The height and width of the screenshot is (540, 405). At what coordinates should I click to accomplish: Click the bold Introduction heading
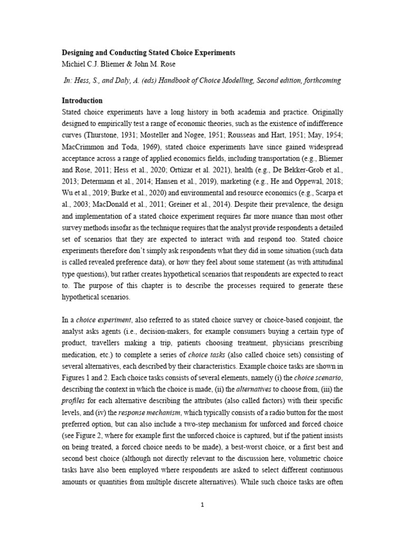pos(82,100)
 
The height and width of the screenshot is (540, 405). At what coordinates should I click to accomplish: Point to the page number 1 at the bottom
pos(202,505)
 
